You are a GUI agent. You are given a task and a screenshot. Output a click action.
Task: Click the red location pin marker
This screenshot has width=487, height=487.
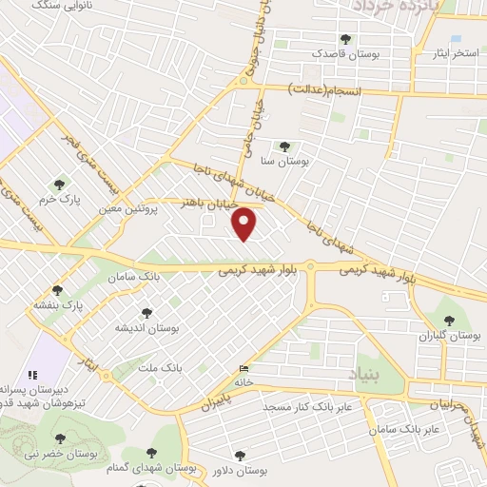[245, 225]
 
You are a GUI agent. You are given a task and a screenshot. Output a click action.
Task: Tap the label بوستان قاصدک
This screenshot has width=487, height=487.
[348, 54]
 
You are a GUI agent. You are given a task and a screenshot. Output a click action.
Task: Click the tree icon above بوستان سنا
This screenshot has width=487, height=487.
[284, 146]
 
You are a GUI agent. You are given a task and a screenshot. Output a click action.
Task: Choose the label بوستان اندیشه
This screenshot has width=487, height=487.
[148, 327]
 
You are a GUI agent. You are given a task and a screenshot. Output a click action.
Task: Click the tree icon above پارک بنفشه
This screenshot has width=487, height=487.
[58, 289]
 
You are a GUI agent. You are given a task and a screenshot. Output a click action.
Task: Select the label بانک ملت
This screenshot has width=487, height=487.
[159, 366]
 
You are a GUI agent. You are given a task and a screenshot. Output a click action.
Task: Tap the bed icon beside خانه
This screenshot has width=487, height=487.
[245, 369]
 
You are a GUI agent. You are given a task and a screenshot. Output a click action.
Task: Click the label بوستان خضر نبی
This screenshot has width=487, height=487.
[59, 454]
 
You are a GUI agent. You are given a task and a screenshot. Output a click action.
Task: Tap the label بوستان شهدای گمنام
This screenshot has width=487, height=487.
[150, 467]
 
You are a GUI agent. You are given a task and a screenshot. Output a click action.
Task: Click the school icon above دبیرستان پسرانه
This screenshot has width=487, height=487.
[31, 375]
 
